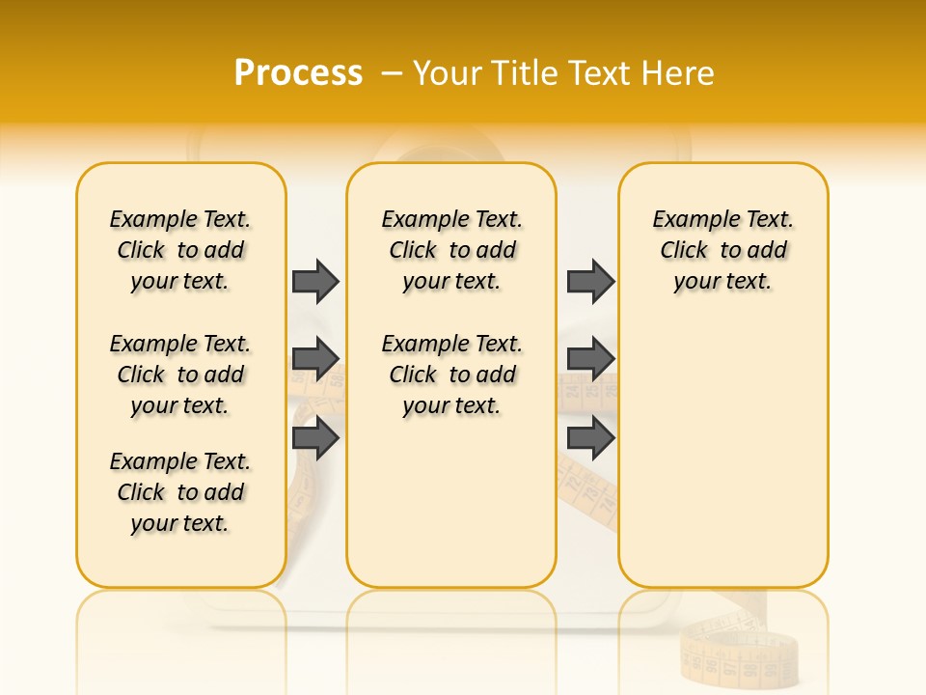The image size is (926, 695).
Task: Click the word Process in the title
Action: [298, 73]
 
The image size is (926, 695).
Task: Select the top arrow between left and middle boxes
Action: [315, 281]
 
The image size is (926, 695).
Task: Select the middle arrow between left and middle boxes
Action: [315, 359]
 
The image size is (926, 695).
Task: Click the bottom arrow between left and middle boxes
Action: [315, 439]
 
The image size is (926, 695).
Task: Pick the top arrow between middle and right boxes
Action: [590, 281]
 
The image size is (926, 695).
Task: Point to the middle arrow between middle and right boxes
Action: [590, 359]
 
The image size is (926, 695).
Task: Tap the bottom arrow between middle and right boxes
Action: [590, 439]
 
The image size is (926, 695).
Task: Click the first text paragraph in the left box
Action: [180, 250]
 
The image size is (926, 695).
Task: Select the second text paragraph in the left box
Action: [180, 375]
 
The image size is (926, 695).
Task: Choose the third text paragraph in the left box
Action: [180, 492]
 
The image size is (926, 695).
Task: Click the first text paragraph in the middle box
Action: [452, 250]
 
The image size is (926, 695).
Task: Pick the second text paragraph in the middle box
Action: [452, 375]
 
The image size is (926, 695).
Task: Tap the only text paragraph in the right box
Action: [722, 250]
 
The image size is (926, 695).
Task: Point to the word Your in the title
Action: [449, 73]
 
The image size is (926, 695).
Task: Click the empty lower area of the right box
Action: [722, 463]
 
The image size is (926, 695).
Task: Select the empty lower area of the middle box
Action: [451, 502]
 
